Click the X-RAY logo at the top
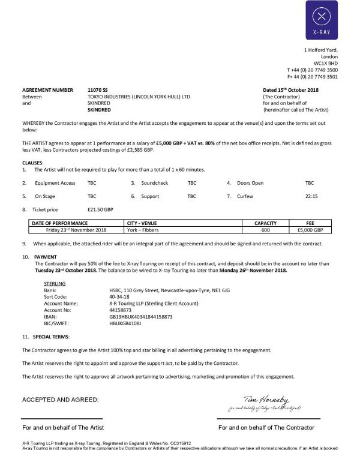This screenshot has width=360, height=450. [x=322, y=20]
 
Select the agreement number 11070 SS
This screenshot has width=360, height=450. [x=98, y=90]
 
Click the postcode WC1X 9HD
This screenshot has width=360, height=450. [x=326, y=63]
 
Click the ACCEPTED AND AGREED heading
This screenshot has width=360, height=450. [x=61, y=400]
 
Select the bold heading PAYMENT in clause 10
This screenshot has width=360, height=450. [x=46, y=256]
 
